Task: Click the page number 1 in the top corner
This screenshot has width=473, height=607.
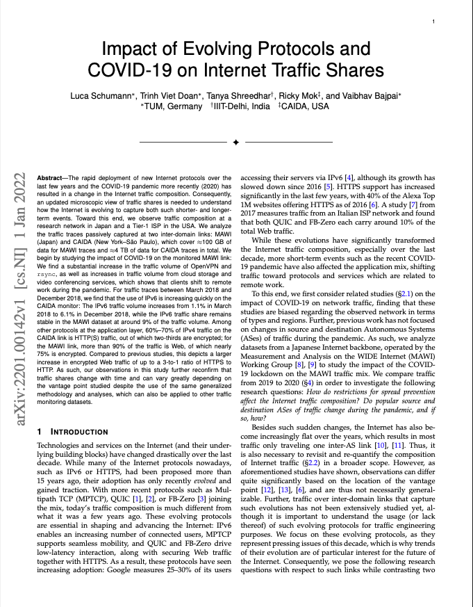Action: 433,22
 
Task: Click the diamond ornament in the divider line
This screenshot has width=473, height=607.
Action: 235,142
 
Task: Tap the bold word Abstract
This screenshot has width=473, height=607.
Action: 51,179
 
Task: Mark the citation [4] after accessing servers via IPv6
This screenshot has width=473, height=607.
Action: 352,178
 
